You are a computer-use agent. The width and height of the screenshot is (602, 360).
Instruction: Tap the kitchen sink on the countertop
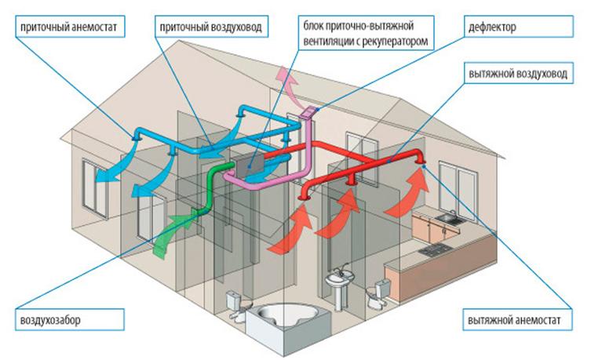(447, 219)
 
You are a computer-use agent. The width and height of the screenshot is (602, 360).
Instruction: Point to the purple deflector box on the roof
(310, 115)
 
